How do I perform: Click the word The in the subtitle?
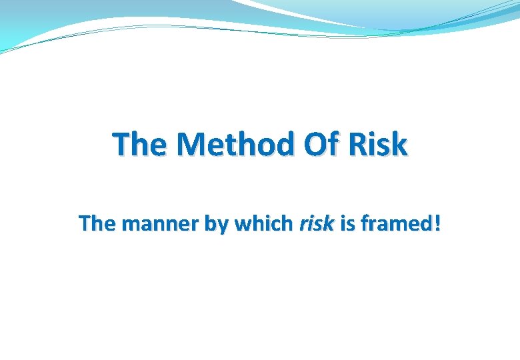(97, 224)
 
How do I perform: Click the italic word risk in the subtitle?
(316, 224)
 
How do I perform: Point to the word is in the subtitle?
(347, 224)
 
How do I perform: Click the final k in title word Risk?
(399, 145)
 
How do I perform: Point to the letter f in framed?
(364, 223)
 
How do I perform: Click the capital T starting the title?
(121, 145)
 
